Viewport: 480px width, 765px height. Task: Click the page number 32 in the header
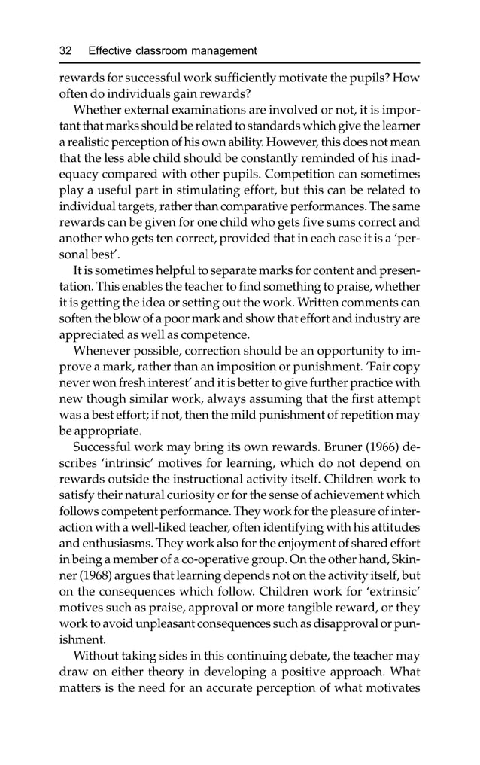tap(65, 51)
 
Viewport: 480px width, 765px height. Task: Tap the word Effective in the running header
tap(111, 51)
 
